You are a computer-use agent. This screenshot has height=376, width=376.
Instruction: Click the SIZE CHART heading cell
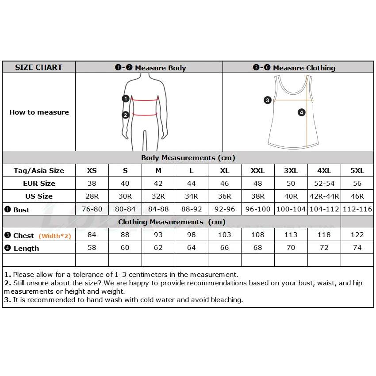click(x=38, y=67)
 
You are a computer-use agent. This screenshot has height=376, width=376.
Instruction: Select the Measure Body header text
click(x=150, y=68)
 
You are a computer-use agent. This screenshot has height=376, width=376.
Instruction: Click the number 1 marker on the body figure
click(x=126, y=99)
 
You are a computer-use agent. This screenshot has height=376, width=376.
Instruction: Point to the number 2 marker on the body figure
click(x=126, y=115)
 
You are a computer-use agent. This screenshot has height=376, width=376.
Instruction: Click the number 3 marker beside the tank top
click(x=267, y=100)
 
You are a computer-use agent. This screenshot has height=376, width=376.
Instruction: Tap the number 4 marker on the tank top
click(x=302, y=112)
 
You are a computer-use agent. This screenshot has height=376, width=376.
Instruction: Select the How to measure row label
click(x=39, y=112)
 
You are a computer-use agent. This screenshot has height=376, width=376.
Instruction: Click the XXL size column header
click(x=257, y=171)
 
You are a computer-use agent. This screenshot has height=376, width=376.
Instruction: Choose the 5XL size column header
click(x=357, y=171)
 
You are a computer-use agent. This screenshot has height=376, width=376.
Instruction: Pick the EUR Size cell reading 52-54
click(x=324, y=183)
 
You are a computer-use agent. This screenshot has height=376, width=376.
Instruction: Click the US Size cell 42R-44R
click(x=324, y=196)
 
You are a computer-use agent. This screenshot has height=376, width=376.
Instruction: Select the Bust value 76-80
click(x=92, y=209)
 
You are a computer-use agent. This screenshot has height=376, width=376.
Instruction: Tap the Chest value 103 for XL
click(x=225, y=235)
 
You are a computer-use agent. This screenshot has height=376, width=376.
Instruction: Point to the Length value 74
click(x=357, y=248)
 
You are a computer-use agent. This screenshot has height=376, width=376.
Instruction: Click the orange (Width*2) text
click(x=55, y=236)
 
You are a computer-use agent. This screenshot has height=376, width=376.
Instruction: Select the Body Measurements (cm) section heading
click(x=188, y=158)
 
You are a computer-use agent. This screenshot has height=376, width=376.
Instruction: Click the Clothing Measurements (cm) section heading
click(x=172, y=222)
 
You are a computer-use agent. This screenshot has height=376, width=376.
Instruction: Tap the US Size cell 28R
click(x=92, y=196)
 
